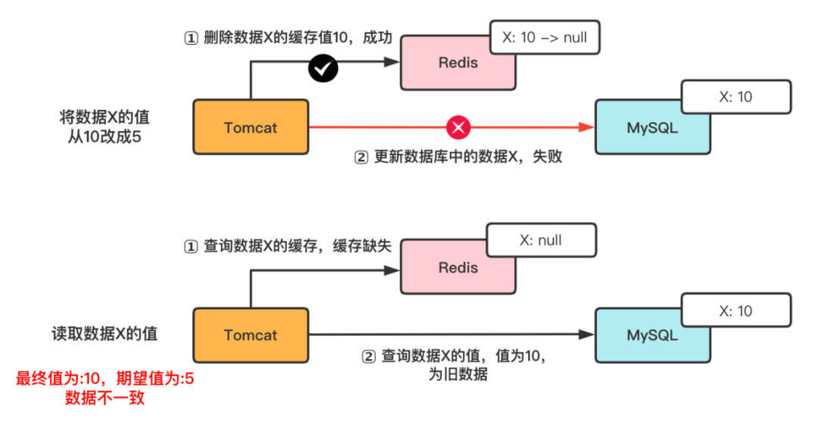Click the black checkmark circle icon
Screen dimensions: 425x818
click(x=323, y=69)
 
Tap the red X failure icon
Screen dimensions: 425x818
click(x=457, y=127)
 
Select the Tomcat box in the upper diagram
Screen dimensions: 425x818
click(x=251, y=127)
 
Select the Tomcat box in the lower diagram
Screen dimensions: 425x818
click(x=251, y=335)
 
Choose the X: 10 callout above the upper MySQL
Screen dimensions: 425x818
click(x=735, y=97)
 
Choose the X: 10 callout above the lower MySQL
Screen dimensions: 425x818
click(x=735, y=311)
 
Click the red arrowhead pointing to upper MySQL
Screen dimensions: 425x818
click(x=586, y=127)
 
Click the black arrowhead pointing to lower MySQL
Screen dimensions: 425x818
click(x=586, y=334)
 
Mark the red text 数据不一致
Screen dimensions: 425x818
click(x=105, y=398)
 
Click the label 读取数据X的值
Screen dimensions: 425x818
click(x=105, y=334)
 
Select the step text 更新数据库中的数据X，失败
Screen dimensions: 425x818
click(x=458, y=158)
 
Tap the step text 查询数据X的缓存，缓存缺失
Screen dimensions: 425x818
click(x=288, y=246)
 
